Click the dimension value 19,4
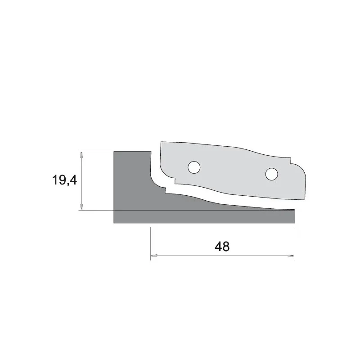pyautogui.click(x=64, y=180)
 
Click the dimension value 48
pyautogui.click(x=222, y=247)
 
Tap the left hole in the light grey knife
pyautogui.click(x=194, y=167)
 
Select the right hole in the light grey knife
pyautogui.click(x=272, y=174)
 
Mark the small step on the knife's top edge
pyautogui.click(x=291, y=161)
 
